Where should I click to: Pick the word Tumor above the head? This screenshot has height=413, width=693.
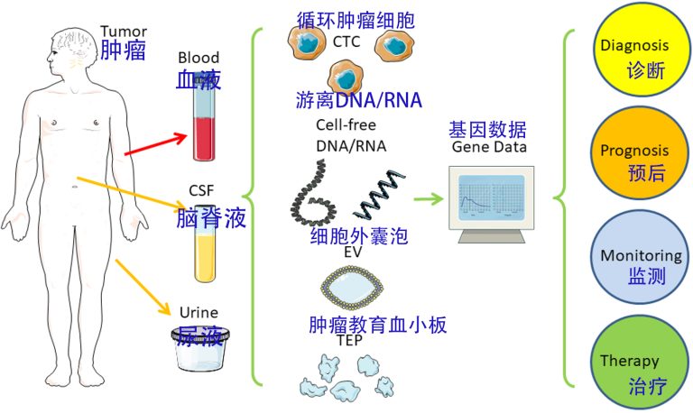point(122,31)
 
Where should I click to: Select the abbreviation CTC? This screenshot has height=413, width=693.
point(346,41)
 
